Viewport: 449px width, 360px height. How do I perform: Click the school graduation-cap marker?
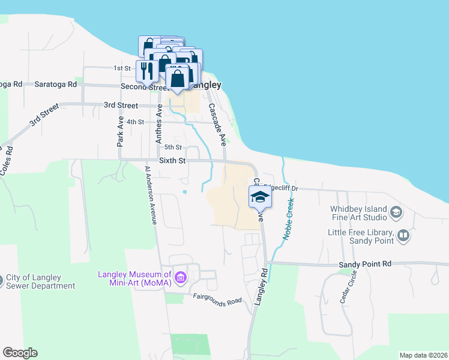click(x=260, y=196)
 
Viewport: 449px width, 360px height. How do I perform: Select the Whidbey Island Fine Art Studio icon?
click(x=396, y=212)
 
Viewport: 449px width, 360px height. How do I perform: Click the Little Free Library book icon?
click(x=403, y=236)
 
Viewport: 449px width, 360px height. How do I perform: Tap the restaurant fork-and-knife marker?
click(x=147, y=71)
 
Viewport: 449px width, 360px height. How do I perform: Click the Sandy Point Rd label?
click(x=365, y=263)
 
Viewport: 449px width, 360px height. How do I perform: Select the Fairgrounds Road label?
click(x=217, y=299)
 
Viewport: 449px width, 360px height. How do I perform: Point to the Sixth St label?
click(x=172, y=161)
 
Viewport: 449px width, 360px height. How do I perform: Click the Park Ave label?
click(x=120, y=131)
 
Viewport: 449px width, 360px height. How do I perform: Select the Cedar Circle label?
click(x=348, y=287)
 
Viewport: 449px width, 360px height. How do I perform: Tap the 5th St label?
click(x=173, y=147)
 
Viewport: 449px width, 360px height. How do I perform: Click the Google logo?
click(x=20, y=353)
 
